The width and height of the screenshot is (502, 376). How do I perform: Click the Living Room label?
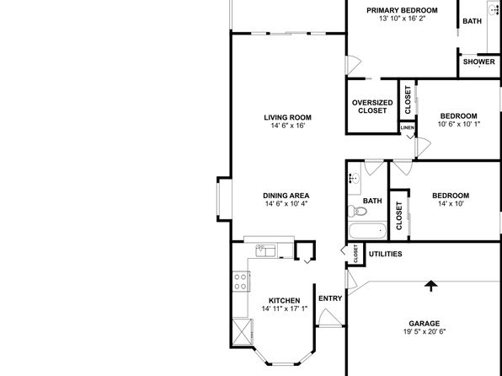[x=287, y=118]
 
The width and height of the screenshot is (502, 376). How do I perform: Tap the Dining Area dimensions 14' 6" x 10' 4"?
[x=286, y=203]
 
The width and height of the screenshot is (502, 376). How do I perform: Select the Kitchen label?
[x=285, y=301]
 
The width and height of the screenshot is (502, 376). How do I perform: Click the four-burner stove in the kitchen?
[x=241, y=282]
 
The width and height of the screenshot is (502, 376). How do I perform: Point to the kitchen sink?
[x=265, y=250]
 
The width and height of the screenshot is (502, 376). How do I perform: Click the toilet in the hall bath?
[x=357, y=211]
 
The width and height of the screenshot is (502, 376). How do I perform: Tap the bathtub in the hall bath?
[x=367, y=231]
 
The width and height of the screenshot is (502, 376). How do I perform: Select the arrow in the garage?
[x=431, y=286]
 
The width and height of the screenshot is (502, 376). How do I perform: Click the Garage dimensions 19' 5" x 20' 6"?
[x=425, y=331]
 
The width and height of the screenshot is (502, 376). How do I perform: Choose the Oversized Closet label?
[x=372, y=107]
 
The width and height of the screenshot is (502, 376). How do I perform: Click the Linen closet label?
[x=408, y=127]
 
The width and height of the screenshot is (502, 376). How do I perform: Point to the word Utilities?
[x=386, y=255]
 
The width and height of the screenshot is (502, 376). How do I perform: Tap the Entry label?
[x=330, y=298]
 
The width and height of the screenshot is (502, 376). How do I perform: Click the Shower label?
[x=479, y=62]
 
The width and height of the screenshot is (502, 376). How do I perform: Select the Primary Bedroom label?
[x=402, y=10]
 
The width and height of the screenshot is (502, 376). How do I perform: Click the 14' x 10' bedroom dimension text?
[x=451, y=203]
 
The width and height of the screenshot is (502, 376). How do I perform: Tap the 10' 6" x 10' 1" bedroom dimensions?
[x=459, y=124]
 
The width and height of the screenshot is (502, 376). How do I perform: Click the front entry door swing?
[x=330, y=317]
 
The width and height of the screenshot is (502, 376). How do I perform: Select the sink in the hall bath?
[x=355, y=178]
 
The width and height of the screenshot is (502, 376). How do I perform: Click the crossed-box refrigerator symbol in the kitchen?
[x=243, y=331]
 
